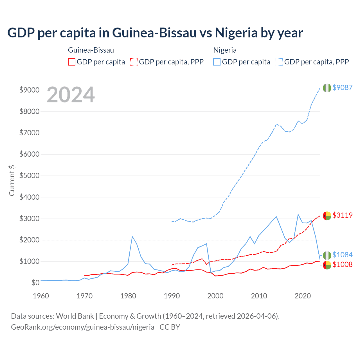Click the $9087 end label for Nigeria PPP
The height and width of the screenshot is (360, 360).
coord(342,87)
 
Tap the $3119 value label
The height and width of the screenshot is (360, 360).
coord(342,215)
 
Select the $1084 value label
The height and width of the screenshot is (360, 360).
coord(342,255)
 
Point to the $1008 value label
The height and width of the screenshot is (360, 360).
coord(342,264)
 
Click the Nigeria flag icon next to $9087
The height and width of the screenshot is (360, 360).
coord(327,88)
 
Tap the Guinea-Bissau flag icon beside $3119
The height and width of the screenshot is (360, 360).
coord(327,216)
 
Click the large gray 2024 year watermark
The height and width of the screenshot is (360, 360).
coord(71,95)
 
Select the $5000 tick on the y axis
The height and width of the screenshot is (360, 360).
coord(29,176)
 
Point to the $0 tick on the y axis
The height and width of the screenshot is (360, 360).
coord(35,283)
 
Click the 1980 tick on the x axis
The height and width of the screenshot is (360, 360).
coord(128,296)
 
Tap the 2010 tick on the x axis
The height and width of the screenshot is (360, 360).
coord(259,296)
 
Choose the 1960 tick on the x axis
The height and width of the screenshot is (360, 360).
coord(41,296)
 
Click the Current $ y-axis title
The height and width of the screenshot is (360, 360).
coord(12,181)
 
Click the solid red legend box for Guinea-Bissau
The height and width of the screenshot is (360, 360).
coord(72,62)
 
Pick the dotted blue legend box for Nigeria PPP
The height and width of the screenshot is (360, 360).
coord(279,62)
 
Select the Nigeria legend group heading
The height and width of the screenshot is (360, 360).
coord(225,50)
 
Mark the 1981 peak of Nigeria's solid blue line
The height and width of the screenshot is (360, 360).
coord(132,236)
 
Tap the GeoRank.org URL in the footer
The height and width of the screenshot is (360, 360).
coord(82,327)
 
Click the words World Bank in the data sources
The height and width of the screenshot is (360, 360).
coord(75,316)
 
